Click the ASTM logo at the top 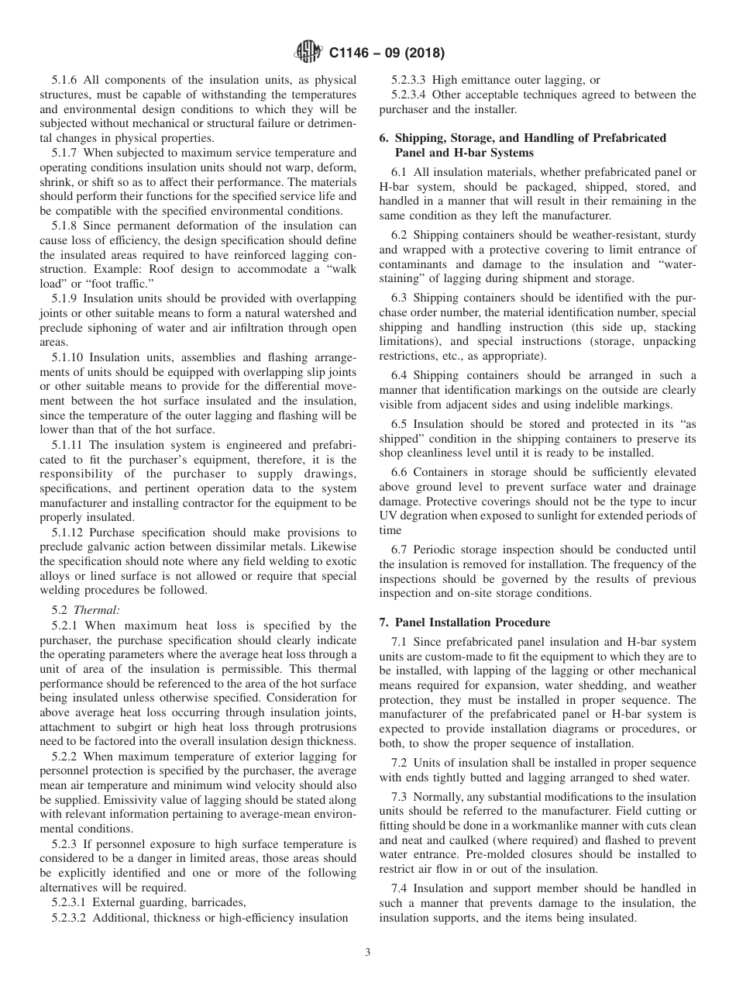tap(308, 53)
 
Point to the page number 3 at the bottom tap(367, 953)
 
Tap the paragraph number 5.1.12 tap(71, 533)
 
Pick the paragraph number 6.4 tap(400, 376)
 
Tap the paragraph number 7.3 tap(400, 798)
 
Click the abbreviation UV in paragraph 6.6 tap(388, 515)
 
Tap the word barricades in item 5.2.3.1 tap(219, 902)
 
